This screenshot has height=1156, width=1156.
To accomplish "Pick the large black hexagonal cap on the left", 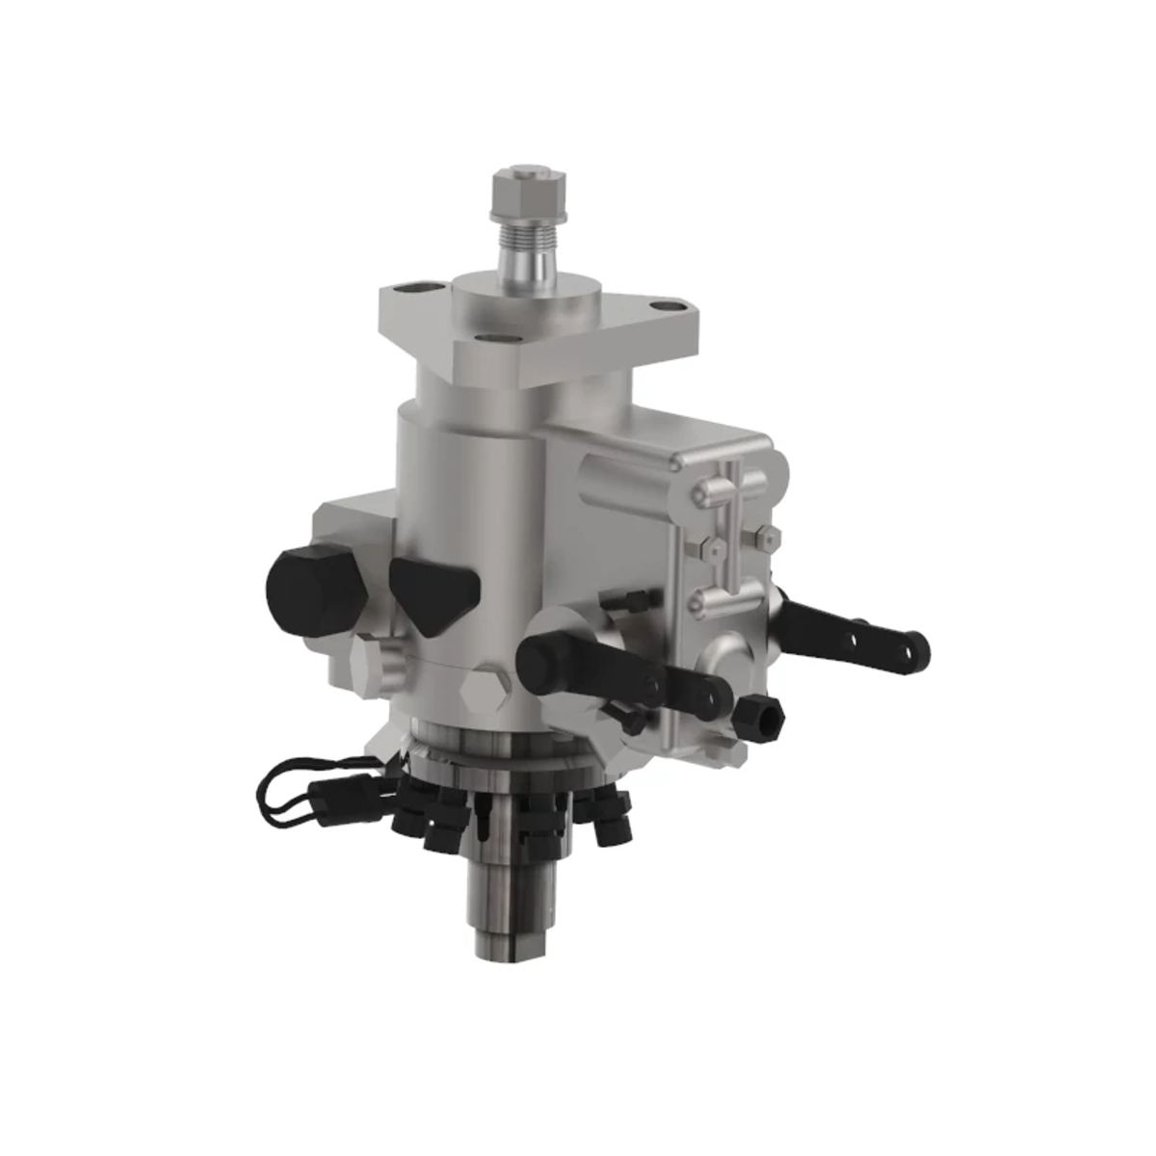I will [311, 586].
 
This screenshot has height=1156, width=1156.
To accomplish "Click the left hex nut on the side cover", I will [707, 546].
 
